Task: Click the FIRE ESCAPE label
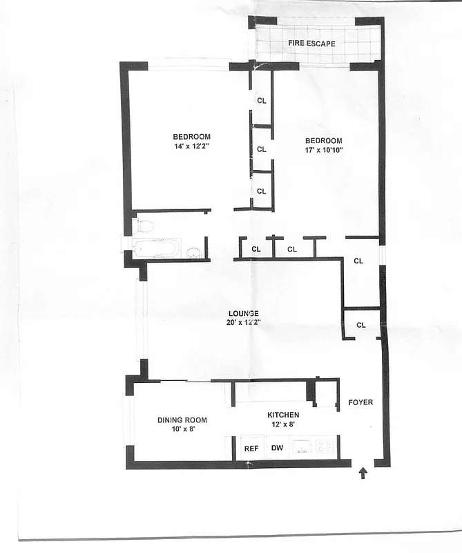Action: click(311, 44)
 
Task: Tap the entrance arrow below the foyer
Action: click(363, 474)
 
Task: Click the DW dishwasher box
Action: click(277, 449)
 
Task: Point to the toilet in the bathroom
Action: click(144, 225)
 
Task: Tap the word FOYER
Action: click(360, 402)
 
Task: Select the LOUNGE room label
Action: click(244, 313)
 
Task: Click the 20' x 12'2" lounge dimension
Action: click(244, 323)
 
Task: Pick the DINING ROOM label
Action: click(182, 420)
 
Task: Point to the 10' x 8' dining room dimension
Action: click(182, 429)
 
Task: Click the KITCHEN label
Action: click(283, 415)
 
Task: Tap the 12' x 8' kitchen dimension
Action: click(283, 424)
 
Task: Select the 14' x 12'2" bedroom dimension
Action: click(191, 147)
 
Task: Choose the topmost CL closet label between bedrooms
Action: click(262, 100)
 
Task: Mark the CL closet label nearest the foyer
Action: click(361, 325)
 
